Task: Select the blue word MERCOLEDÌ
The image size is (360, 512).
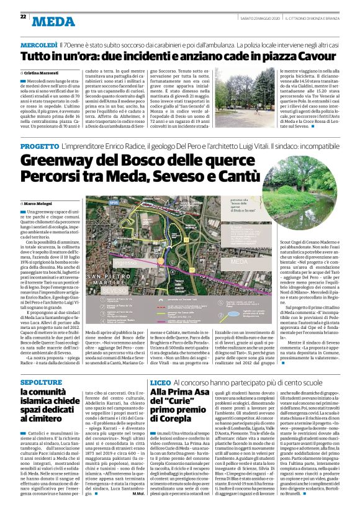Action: [39, 45]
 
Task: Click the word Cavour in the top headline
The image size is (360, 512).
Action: [315, 57]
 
